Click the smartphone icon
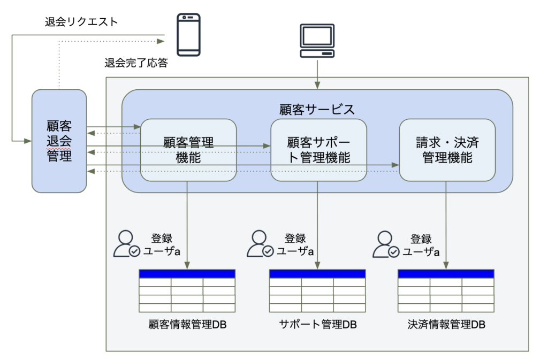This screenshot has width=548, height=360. point(188,35)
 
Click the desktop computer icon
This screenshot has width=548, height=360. point(317,41)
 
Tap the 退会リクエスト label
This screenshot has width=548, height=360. point(81,21)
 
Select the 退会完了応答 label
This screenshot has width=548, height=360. point(136,63)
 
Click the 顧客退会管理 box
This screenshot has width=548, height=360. point(59,141)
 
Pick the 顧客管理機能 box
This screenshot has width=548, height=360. point(188,150)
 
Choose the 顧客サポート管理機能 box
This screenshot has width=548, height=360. point(318,150)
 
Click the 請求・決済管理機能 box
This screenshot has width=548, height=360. point(447,150)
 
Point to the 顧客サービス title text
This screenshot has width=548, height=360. point(317,109)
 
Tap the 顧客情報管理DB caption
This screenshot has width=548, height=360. point(187,324)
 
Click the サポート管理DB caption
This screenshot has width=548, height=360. point(318,324)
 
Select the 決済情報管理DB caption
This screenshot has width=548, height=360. point(446,324)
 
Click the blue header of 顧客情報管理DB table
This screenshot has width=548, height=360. point(187,274)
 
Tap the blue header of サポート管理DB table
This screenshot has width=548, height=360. point(317,274)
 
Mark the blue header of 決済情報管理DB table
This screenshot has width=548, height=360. point(446,274)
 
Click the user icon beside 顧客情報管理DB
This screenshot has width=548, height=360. point(126,244)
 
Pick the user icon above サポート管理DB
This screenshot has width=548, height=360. point(260,244)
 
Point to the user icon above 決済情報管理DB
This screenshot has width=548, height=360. point(385,244)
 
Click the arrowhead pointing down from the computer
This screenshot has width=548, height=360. point(317,86)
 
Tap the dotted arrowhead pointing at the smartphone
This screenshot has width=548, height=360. point(161,41)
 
